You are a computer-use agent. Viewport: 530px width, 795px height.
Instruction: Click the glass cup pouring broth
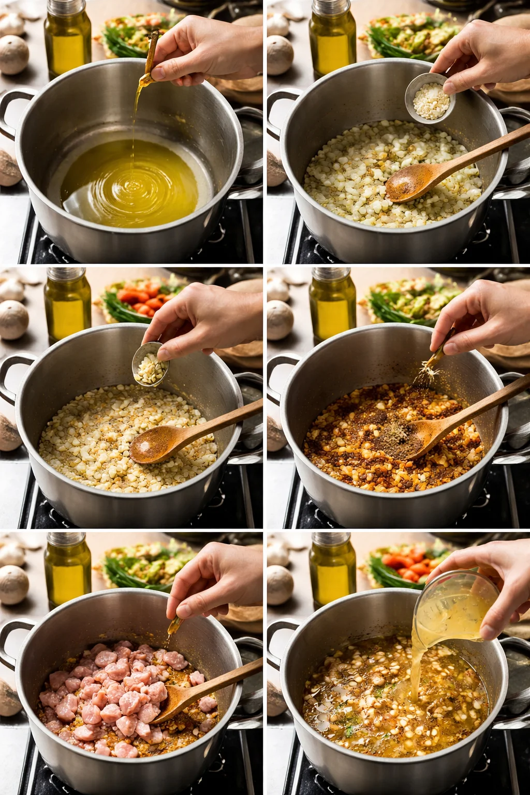pyautogui.click(x=455, y=606)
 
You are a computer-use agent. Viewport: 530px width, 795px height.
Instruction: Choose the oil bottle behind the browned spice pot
pyautogui.click(x=332, y=305)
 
